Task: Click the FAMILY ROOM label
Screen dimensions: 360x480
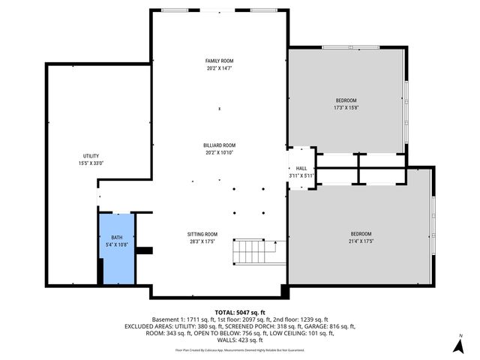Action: (219, 61)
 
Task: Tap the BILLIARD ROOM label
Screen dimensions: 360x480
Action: (219, 145)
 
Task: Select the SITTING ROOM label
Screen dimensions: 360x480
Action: (202, 234)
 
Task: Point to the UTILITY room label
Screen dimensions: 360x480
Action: (91, 155)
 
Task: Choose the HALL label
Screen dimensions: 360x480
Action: (301, 169)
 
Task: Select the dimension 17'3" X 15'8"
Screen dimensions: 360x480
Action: (346, 108)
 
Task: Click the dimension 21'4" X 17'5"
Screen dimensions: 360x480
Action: (361, 241)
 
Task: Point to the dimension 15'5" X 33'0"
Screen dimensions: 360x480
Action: (91, 163)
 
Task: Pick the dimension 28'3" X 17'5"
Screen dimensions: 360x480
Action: (202, 241)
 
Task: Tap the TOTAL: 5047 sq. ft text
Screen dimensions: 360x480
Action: (240, 312)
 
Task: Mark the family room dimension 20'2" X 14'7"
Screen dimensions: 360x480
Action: (219, 68)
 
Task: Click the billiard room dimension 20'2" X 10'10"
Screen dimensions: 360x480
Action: (219, 152)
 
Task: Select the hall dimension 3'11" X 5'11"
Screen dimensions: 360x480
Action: (301, 176)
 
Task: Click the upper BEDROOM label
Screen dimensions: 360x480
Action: (346, 100)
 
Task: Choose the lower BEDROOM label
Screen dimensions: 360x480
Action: (361, 234)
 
